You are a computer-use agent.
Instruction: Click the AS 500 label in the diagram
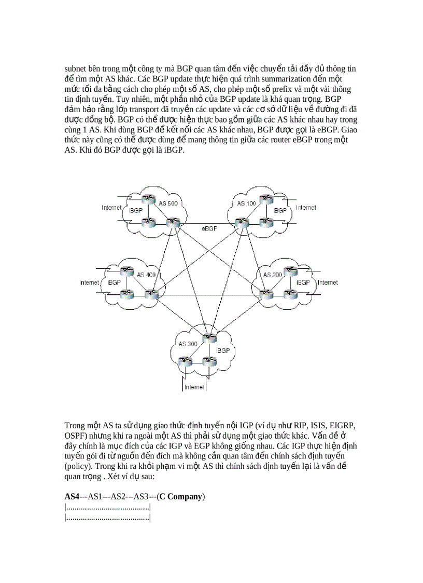click(168, 203)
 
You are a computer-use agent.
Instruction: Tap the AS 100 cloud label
click(246, 203)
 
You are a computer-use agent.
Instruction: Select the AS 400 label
click(146, 274)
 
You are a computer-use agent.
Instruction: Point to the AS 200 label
click(272, 274)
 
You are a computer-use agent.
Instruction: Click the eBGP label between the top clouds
click(209, 228)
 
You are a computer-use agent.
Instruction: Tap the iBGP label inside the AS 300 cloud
click(222, 351)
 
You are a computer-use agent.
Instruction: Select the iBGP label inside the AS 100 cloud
click(279, 211)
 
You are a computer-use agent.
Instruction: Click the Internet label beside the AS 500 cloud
click(111, 208)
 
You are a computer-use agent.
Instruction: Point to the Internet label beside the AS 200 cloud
click(328, 283)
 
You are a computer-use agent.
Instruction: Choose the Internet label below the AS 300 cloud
click(194, 387)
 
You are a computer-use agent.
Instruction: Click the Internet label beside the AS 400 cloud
click(89, 283)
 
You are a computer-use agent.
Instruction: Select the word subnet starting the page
click(75, 69)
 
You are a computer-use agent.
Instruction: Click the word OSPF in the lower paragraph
click(76, 436)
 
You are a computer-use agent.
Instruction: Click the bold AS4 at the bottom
click(72, 496)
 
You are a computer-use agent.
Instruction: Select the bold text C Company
click(181, 496)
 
